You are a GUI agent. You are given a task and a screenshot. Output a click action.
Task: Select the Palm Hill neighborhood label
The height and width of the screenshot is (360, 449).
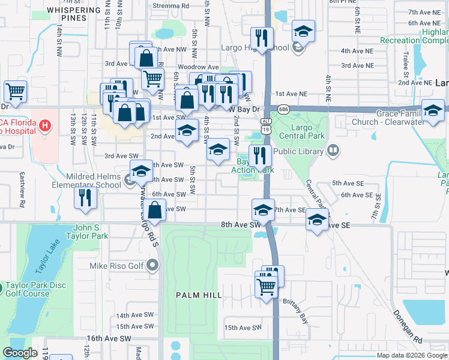tap(199, 295)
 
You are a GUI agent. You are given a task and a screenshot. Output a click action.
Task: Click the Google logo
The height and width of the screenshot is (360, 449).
tap(20, 353)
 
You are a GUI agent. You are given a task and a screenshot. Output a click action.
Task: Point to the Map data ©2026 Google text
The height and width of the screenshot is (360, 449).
tap(411, 355)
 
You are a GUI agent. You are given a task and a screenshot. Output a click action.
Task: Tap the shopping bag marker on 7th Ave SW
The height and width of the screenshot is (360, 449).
tap(155, 209)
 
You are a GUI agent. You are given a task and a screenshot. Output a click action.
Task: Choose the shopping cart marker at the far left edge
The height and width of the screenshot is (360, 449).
tap(15, 91)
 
